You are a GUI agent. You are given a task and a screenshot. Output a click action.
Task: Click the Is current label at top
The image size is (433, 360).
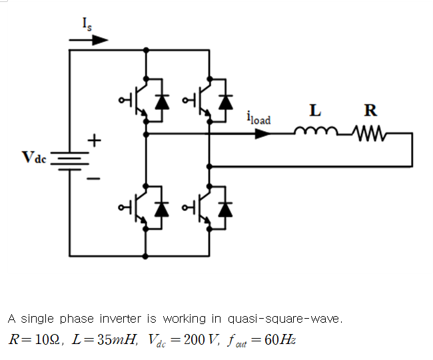[x=87, y=24]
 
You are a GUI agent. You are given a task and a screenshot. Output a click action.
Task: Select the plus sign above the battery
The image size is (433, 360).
[x=95, y=140]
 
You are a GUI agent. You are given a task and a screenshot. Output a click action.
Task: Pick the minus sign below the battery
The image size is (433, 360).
[x=95, y=178]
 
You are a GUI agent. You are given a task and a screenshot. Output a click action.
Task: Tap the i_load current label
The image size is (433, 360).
[x=258, y=119]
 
